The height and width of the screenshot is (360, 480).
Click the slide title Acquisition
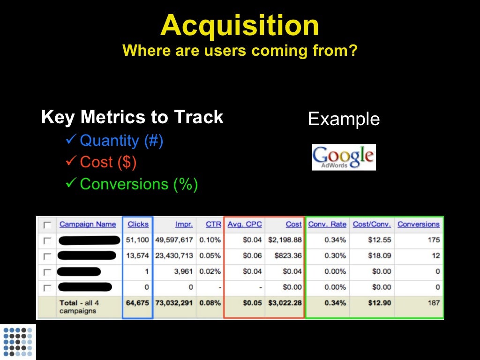point(240,26)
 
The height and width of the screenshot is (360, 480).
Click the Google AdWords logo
point(344,157)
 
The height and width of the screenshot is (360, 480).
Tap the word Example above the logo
point(344,119)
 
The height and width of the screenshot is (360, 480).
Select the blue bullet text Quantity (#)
point(121,141)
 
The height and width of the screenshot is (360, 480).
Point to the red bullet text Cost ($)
point(108,162)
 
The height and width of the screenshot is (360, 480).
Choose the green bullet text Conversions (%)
point(139,184)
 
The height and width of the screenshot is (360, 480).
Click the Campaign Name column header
point(87,224)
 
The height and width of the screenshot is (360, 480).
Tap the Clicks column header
point(138,224)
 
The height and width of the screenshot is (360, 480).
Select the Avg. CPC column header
point(245,224)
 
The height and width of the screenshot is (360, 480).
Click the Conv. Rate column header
point(327,224)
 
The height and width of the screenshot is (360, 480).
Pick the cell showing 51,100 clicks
point(137,240)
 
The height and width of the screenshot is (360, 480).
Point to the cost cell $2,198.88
point(285,240)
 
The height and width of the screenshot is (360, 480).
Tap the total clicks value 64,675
point(137,303)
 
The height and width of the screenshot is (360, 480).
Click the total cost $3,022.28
point(285,303)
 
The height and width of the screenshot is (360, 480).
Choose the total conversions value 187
point(434,303)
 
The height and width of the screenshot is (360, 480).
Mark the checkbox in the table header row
point(47,225)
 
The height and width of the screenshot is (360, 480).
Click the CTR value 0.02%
point(210,271)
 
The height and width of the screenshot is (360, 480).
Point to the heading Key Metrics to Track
point(132,117)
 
